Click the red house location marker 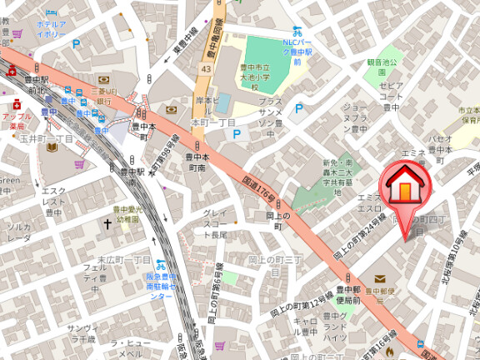[x=405, y=186]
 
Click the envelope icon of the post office [x=380, y=278]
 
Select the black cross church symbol [x=107, y=224]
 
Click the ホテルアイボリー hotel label [x=51, y=29]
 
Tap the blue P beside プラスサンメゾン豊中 [x=298, y=108]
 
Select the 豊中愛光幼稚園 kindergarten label [x=128, y=215]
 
